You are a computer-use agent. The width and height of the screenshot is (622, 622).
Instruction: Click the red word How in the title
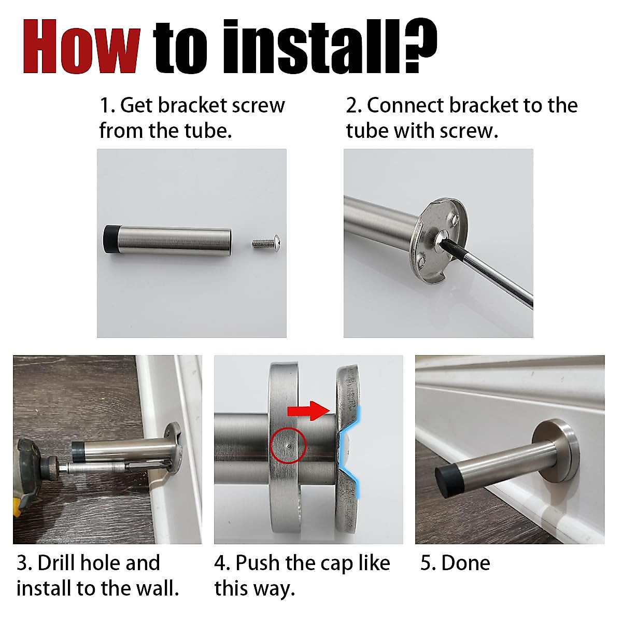pyautogui.click(x=82, y=47)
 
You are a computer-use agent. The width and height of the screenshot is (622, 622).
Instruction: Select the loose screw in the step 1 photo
pyautogui.click(x=266, y=242)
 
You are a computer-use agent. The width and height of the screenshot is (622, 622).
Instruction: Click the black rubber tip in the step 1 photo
pyautogui.click(x=109, y=239)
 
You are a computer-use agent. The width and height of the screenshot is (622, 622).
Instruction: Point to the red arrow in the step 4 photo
pyautogui.click(x=308, y=411)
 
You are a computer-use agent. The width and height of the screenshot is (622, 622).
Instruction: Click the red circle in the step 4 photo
pyautogui.click(x=288, y=446)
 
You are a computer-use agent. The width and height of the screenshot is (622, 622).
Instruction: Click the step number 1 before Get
pyautogui.click(x=106, y=106)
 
